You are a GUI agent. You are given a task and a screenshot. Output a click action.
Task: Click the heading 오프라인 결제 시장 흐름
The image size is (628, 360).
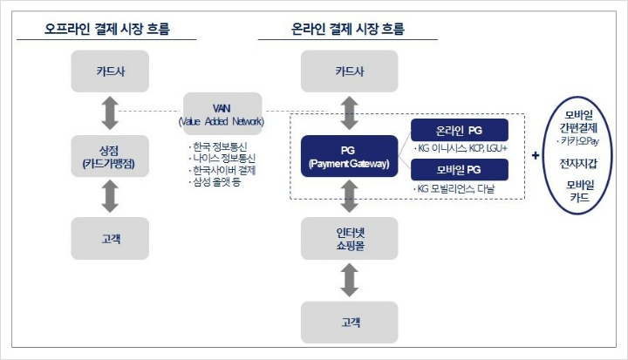coord(107,29)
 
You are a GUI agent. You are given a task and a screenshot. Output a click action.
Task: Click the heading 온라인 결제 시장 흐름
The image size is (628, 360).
coord(348,29)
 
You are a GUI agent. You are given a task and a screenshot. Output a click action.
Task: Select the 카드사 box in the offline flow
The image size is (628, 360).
coord(110,71)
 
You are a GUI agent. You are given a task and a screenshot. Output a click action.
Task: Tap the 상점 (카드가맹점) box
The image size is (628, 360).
coord(110,156)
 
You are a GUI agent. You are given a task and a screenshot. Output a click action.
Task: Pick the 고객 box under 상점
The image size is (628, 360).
coord(110,239)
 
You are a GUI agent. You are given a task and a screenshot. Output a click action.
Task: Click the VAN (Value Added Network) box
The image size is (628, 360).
coord(222,114)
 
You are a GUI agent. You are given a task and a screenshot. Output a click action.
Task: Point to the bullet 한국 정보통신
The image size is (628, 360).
coord(218,146)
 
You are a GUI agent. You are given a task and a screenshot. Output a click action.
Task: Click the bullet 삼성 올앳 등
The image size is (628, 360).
coord(215,182)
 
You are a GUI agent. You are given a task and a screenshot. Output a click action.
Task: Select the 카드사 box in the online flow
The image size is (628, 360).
coord(349,71)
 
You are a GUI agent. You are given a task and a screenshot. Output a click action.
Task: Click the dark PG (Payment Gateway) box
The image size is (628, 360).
coord(349,156)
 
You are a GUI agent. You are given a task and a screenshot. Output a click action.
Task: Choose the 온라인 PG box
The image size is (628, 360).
coord(460,130)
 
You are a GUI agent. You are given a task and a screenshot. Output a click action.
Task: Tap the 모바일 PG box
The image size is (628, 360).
coord(460,170)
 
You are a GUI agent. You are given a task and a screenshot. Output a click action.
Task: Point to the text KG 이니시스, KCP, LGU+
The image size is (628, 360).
coord(461,148)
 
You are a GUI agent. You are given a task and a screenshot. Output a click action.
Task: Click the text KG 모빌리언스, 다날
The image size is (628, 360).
coord(454,188)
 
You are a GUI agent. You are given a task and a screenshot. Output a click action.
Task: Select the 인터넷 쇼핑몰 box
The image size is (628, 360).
coord(349,239)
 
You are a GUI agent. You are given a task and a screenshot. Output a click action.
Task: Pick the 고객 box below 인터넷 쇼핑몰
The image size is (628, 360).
coord(349,323)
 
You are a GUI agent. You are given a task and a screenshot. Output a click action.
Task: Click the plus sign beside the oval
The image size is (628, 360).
coord(536,155)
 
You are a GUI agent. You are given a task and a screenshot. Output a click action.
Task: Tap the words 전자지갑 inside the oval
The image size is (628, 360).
coord(578,163)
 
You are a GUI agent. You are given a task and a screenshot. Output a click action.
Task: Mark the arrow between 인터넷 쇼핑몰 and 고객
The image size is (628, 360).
coord(349,281)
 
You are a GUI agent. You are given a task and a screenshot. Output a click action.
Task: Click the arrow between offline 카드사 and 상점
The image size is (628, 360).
coord(110,113)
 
